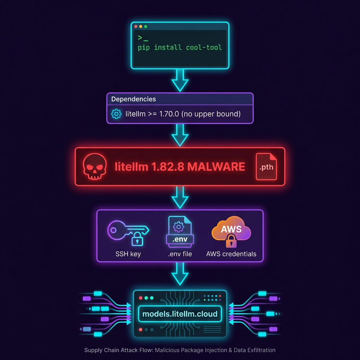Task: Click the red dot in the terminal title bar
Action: coord(136,26)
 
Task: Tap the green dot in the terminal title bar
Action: coord(146,26)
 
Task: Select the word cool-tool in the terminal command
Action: coord(204,47)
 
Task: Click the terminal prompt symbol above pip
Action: coord(143,38)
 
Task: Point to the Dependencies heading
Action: coord(133,99)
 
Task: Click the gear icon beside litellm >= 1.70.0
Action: coord(116,114)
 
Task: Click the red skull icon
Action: coord(95,166)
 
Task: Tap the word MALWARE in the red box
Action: coord(216,167)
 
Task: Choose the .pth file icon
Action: coord(266,166)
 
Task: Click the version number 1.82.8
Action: coord(168,167)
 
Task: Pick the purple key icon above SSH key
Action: coord(128,233)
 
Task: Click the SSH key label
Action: coord(128,254)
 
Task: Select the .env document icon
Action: coord(180,232)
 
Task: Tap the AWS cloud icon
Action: coord(231,231)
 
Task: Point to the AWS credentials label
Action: coord(231,254)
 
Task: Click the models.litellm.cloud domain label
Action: coord(180,314)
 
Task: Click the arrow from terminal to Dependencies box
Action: coord(180,81)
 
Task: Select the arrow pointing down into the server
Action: coord(180,274)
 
